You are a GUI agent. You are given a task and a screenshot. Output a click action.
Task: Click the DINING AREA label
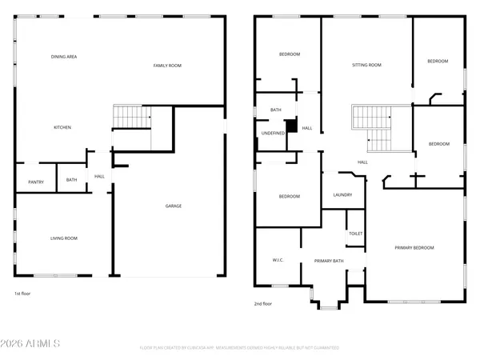coord(63,57)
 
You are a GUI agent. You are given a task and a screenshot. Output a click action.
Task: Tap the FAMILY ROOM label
coord(167,65)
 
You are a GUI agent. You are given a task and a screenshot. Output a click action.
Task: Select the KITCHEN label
coord(63,127)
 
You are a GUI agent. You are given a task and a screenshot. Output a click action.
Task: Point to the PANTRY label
coord(36,182)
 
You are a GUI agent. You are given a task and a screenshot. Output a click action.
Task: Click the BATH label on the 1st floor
coord(72,180)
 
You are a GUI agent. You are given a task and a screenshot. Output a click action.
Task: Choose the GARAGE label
coord(173,206)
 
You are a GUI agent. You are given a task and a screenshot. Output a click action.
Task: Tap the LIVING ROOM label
coord(64,238)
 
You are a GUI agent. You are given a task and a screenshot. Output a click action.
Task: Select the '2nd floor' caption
coord(263,303)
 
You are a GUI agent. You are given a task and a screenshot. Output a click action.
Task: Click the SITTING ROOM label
coord(367,65)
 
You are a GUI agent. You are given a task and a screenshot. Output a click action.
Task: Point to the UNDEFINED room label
coord(273,133)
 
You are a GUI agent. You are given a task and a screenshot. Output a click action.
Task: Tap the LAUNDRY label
coord(342,194)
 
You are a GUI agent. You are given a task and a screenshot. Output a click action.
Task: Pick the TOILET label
coord(355,234)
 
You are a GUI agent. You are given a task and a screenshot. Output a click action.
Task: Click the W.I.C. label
coord(278,260)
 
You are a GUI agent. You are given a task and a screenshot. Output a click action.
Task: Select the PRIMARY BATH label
coord(329,261)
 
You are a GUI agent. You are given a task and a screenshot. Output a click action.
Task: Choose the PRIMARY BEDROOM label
coord(414,248)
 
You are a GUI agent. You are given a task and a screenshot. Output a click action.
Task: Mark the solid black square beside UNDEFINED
coord(292,126)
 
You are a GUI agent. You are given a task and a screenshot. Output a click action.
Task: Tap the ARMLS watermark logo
coord(32,344)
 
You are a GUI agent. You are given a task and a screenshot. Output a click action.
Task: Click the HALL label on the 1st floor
coord(99,176)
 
